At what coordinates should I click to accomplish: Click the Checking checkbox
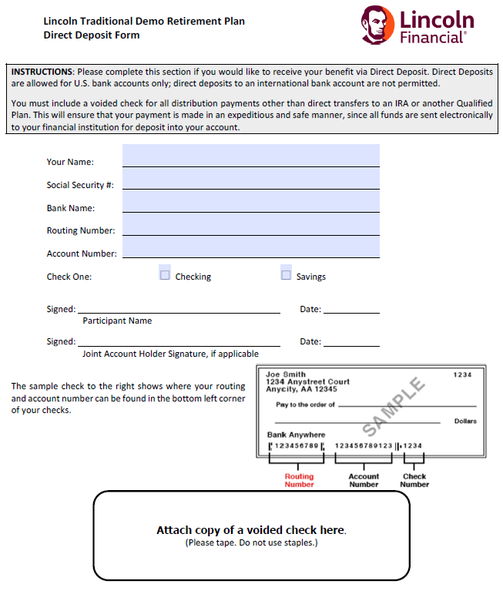pyautogui.click(x=165, y=275)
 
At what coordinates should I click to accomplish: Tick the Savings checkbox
pyautogui.click(x=287, y=275)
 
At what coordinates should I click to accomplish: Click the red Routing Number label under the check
pyautogui.click(x=299, y=480)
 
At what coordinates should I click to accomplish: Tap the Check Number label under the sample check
pyautogui.click(x=414, y=480)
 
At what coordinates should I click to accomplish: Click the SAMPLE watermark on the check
pyautogui.click(x=394, y=406)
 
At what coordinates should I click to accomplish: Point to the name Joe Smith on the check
pyautogui.click(x=285, y=374)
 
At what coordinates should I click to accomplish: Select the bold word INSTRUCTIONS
pyautogui.click(x=42, y=72)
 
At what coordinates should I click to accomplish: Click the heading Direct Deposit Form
pyautogui.click(x=92, y=35)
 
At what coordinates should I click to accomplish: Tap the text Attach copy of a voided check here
pyautogui.click(x=251, y=530)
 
